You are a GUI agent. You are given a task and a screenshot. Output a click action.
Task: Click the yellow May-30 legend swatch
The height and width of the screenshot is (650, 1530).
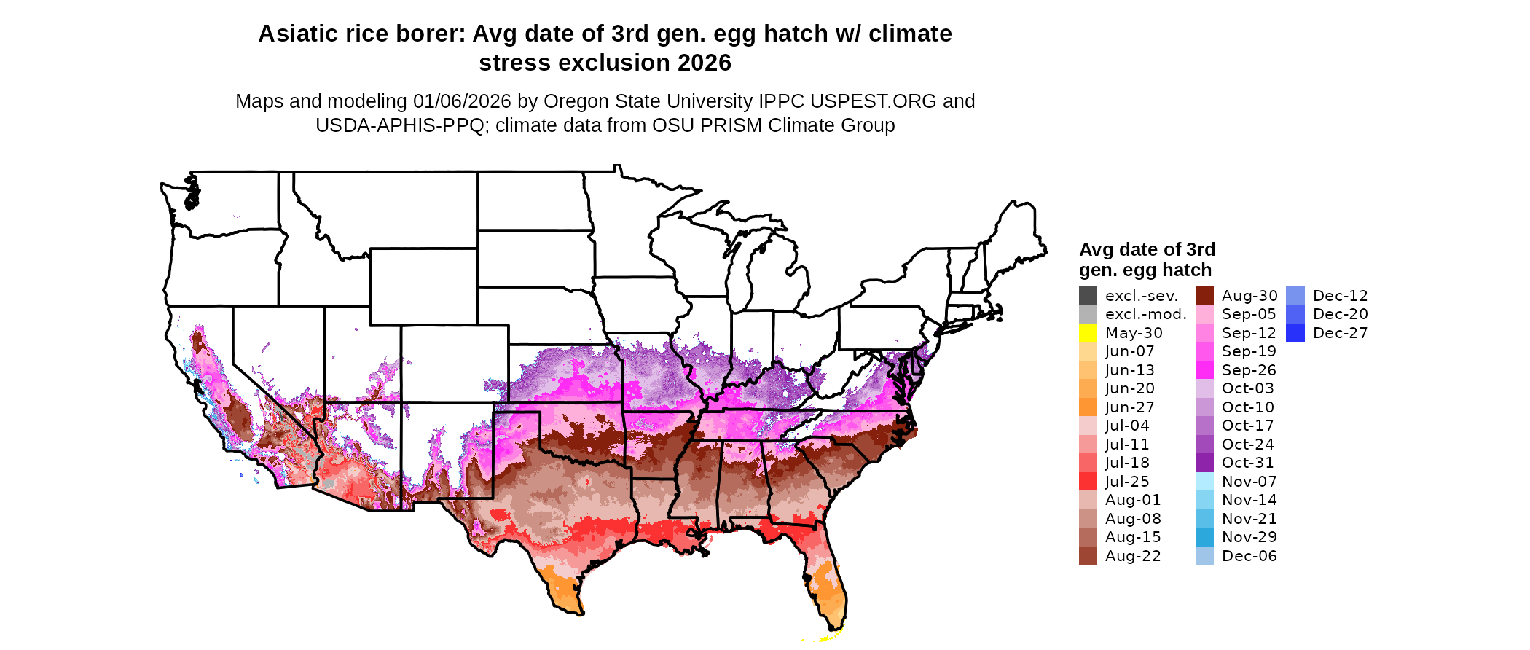(1088, 333)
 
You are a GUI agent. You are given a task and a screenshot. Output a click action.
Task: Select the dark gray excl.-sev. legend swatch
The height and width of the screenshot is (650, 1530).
(1088, 296)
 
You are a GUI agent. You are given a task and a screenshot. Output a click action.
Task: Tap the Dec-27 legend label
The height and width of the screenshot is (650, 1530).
(1340, 333)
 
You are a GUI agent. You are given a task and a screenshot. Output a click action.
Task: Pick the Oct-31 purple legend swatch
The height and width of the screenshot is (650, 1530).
(1204, 463)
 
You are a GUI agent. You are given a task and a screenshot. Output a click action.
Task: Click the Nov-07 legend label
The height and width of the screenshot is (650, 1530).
(1249, 482)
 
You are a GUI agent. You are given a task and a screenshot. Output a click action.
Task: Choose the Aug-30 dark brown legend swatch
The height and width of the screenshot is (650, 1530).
(1204, 296)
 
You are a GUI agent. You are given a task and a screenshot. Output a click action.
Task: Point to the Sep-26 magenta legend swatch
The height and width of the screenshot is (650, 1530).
(1204, 370)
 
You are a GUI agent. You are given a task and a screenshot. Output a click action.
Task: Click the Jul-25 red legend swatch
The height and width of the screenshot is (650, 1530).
(1088, 482)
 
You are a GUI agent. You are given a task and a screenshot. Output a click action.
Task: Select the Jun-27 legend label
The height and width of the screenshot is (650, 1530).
(1129, 407)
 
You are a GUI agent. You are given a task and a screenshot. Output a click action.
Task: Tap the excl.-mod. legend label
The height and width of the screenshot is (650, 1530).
(1145, 314)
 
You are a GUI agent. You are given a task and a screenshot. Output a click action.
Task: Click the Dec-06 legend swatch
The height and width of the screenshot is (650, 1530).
(1204, 556)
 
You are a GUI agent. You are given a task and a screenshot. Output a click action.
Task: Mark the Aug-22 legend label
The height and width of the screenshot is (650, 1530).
(1133, 556)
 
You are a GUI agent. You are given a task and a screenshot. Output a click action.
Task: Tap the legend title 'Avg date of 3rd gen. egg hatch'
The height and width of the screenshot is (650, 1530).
(1147, 259)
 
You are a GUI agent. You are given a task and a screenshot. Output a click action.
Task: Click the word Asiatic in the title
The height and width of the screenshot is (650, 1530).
(298, 34)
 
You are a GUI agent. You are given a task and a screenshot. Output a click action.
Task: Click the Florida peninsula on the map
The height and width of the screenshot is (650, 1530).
(827, 583)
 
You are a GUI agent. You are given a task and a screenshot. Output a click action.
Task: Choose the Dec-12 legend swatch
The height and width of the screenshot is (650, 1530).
(1295, 296)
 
